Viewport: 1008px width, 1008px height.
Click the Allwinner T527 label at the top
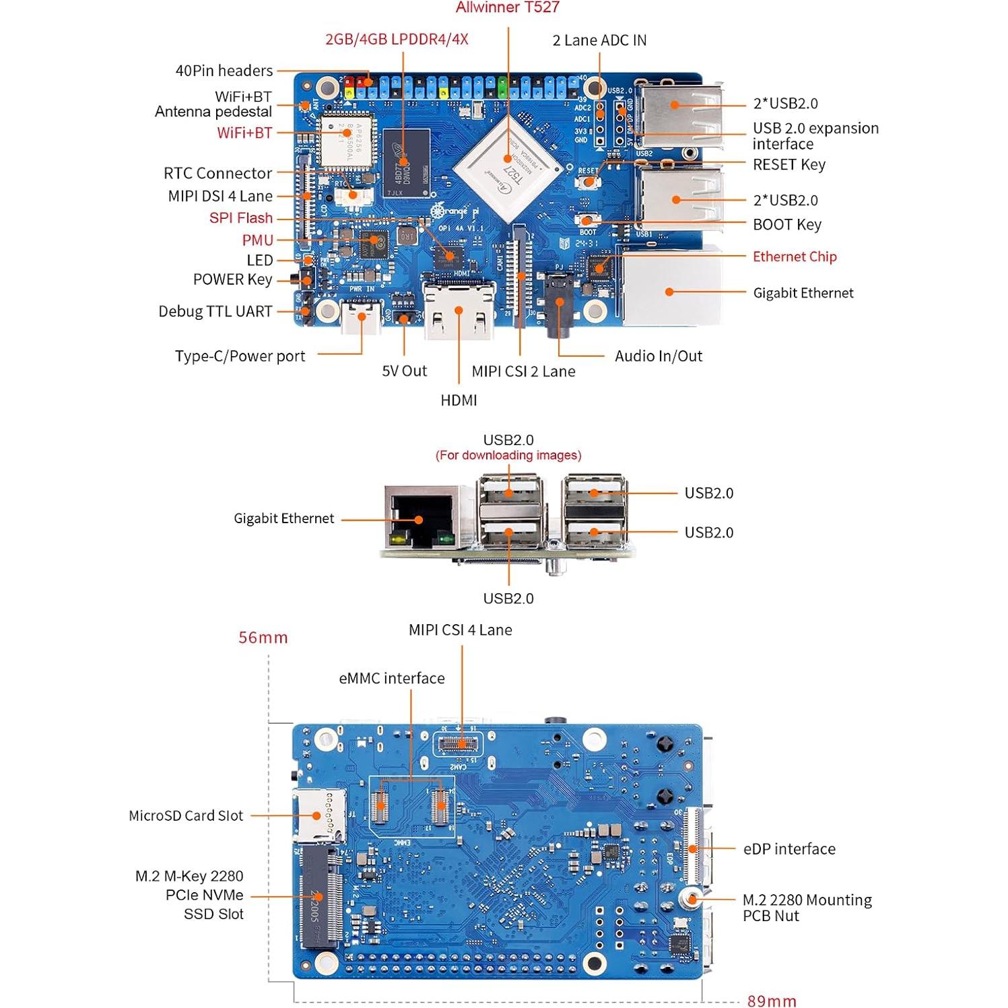pyautogui.click(x=507, y=8)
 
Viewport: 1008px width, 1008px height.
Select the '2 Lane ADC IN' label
pyautogui.click(x=599, y=40)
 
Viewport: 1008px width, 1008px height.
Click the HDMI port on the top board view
pyautogui.click(x=459, y=311)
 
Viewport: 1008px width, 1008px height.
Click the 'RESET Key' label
pyautogui.click(x=788, y=165)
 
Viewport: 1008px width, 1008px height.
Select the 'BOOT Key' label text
pyautogui.click(x=786, y=225)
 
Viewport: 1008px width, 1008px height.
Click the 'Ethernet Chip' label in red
pyautogui.click(x=795, y=257)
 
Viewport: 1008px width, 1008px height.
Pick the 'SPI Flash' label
pyautogui.click(x=240, y=218)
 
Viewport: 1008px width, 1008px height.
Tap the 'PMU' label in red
pyautogui.click(x=257, y=240)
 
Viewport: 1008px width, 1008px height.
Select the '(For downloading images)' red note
pyautogui.click(x=508, y=456)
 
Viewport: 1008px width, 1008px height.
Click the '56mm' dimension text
pyautogui.click(x=263, y=638)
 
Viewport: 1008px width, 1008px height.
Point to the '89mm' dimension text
pyautogui.click(x=771, y=1001)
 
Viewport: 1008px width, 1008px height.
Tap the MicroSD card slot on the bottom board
pyautogui.click(x=316, y=816)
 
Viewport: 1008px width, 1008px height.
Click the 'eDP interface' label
pyautogui.click(x=789, y=849)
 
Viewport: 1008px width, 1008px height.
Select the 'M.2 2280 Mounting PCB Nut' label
pyautogui.click(x=807, y=908)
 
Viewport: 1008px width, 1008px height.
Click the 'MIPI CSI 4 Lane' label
pyautogui.click(x=460, y=630)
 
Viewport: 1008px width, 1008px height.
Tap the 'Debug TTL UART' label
pyautogui.click(x=215, y=312)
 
